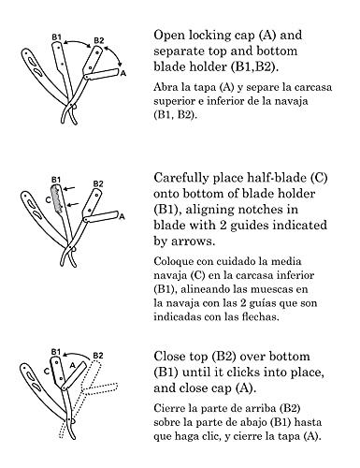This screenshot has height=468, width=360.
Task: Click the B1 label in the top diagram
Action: [56, 37]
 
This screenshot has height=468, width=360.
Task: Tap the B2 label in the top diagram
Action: [99, 40]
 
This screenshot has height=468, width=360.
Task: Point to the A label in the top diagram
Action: [123, 74]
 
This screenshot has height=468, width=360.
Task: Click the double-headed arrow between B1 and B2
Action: [78, 42]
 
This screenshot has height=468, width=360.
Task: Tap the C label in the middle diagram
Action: [48, 199]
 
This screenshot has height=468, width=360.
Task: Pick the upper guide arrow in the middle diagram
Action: [69, 188]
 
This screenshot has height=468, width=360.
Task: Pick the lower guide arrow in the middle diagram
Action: [73, 204]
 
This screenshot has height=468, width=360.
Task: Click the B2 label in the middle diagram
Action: [98, 183]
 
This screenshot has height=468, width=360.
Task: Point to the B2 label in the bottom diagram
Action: [98, 356]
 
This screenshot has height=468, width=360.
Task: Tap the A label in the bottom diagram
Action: [72, 365]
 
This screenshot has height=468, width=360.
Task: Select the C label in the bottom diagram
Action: [47, 372]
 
